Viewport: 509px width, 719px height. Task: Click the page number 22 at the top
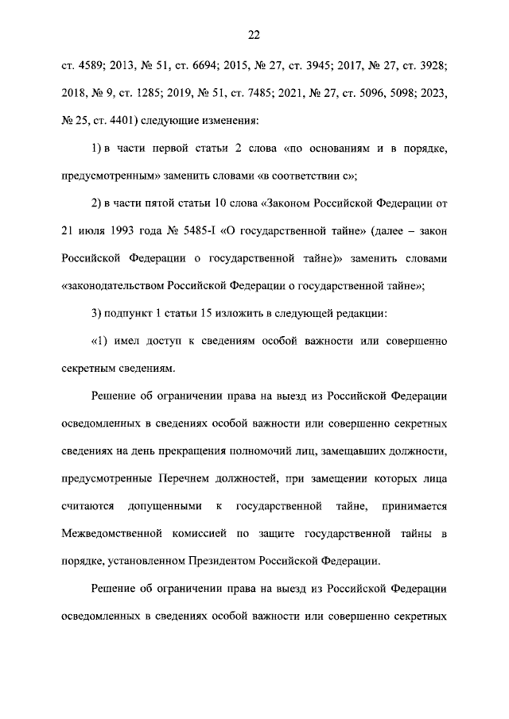tap(254, 34)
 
